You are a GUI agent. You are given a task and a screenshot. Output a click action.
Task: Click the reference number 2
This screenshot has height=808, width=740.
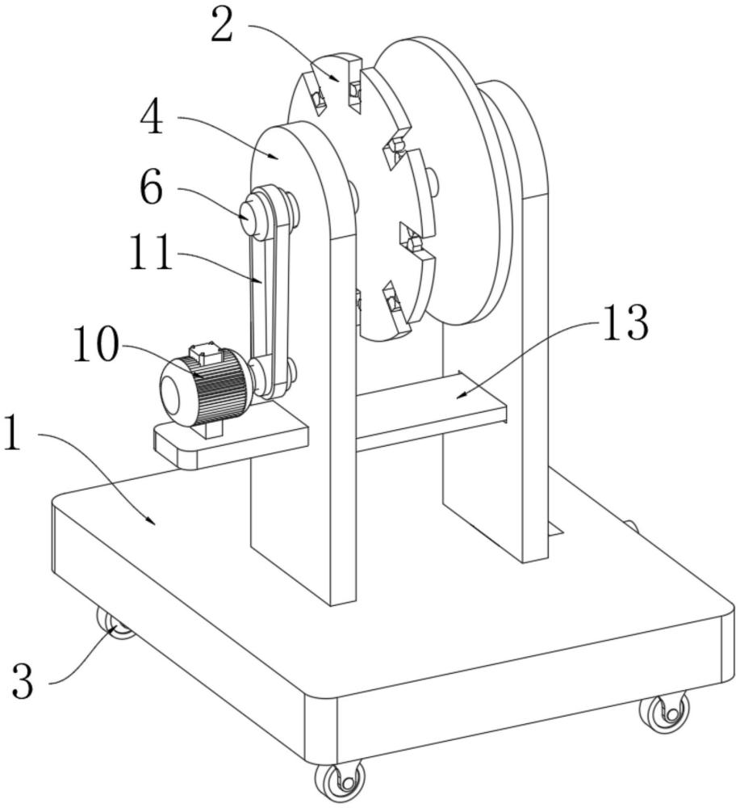pyautogui.click(x=222, y=26)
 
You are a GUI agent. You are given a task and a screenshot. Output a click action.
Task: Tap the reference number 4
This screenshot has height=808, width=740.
pyautogui.click(x=153, y=117)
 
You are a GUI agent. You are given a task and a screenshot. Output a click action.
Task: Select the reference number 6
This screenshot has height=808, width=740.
pyautogui.click(x=152, y=188)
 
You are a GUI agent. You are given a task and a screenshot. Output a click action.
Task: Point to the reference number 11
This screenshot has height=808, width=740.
pyautogui.click(x=151, y=252)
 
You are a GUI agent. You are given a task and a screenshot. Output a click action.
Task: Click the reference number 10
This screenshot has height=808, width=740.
pyautogui.click(x=95, y=343)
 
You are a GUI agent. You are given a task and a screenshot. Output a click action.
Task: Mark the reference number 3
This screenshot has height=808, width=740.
pyautogui.click(x=23, y=680)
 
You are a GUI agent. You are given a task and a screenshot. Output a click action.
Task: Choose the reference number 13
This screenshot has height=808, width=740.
pyautogui.click(x=625, y=322)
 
